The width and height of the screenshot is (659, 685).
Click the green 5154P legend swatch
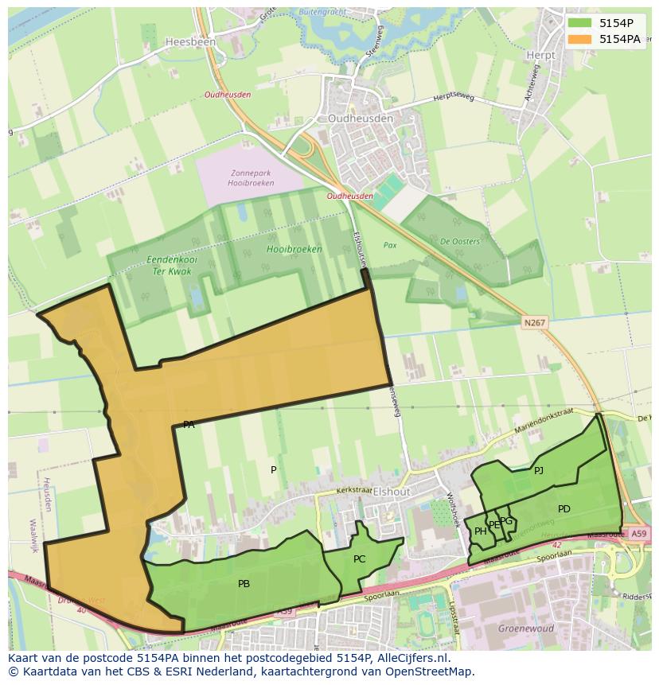(x=579, y=23)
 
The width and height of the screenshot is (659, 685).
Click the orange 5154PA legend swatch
(x=579, y=39)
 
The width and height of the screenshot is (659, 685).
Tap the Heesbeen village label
(x=185, y=41)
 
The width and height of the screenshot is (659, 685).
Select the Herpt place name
(x=540, y=55)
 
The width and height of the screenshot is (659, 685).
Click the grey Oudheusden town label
(x=361, y=119)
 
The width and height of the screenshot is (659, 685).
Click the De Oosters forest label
(x=460, y=242)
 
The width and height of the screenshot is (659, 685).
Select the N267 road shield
(x=535, y=322)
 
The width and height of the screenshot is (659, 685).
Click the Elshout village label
(x=392, y=492)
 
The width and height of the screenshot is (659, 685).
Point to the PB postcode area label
(x=244, y=584)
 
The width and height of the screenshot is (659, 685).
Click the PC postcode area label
(x=359, y=559)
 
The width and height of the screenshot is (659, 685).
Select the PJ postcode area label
(x=539, y=470)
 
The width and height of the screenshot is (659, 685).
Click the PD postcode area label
(x=563, y=509)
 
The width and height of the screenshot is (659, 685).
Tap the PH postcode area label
(x=480, y=531)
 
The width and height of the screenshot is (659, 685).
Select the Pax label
(x=390, y=246)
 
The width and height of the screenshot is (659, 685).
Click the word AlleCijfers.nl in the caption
(x=413, y=658)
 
